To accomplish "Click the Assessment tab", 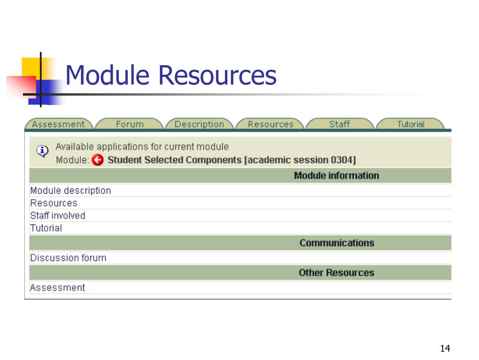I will click(x=58, y=124).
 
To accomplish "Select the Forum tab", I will click(x=130, y=124).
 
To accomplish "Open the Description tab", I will click(x=199, y=124).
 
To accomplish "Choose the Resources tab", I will click(x=270, y=124).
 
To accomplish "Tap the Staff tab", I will click(x=339, y=124).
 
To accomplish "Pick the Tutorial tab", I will click(x=411, y=124).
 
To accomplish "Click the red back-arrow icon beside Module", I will click(x=97, y=160).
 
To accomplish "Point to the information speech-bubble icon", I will click(x=42, y=151).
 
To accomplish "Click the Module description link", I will click(x=71, y=191).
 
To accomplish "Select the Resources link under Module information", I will click(x=54, y=203).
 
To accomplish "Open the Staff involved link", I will click(x=58, y=216).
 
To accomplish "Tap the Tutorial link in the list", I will click(x=46, y=228).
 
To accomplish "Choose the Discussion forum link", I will click(x=68, y=258).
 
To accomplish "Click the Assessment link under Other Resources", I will click(x=58, y=287).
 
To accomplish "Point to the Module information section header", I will click(x=336, y=176).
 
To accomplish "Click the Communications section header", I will click(x=337, y=243).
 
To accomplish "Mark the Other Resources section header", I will click(x=336, y=273).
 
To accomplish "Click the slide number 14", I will click(x=445, y=348).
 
